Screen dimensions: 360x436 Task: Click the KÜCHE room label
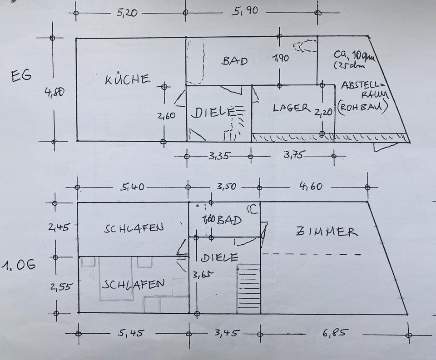[x=127, y=79]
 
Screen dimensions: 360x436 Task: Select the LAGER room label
[x=292, y=108]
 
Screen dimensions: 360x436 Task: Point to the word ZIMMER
[x=327, y=232]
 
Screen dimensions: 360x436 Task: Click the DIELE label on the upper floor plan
[x=219, y=258]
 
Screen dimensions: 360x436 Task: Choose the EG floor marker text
[x=21, y=76]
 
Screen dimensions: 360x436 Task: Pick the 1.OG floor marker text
[x=18, y=265]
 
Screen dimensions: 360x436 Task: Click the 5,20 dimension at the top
[x=127, y=13]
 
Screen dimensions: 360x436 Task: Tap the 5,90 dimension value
[x=245, y=11]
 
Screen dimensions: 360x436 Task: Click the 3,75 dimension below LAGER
[x=293, y=155]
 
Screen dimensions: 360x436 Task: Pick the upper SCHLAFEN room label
[x=133, y=228]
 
